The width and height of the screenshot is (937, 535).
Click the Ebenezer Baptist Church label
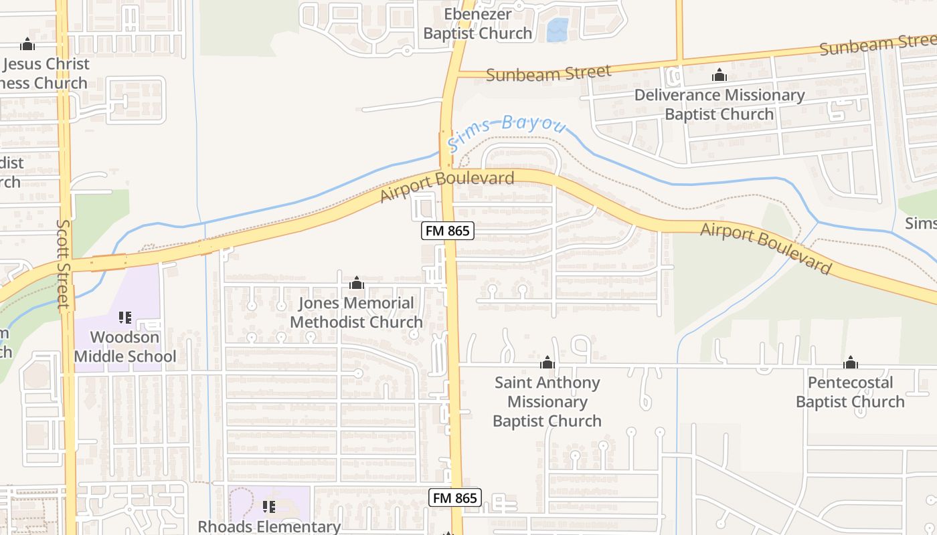click(477, 23)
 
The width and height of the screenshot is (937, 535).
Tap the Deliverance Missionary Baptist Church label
click(719, 104)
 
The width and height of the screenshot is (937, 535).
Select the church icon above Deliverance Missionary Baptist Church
click(719, 75)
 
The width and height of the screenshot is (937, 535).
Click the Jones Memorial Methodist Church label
click(356, 312)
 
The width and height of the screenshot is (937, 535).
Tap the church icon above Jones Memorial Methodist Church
click(357, 284)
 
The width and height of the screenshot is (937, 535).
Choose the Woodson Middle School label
click(125, 346)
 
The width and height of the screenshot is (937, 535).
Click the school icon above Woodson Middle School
click(125, 317)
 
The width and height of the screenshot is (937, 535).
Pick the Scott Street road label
click(64, 264)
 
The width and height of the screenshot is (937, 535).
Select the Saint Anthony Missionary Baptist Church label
click(547, 401)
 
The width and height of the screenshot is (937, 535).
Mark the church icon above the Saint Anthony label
click(547, 363)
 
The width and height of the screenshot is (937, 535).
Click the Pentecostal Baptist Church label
click(850, 392)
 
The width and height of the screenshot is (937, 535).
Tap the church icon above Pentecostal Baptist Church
click(851, 363)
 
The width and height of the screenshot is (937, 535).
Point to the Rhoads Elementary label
click(269, 526)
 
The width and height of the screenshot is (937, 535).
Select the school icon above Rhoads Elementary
click(269, 507)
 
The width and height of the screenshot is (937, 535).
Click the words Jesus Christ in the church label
click(46, 64)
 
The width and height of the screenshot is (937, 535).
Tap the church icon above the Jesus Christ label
click(27, 45)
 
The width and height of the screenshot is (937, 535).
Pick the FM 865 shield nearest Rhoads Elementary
click(455, 498)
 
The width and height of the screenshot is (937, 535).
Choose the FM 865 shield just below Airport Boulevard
click(448, 231)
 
